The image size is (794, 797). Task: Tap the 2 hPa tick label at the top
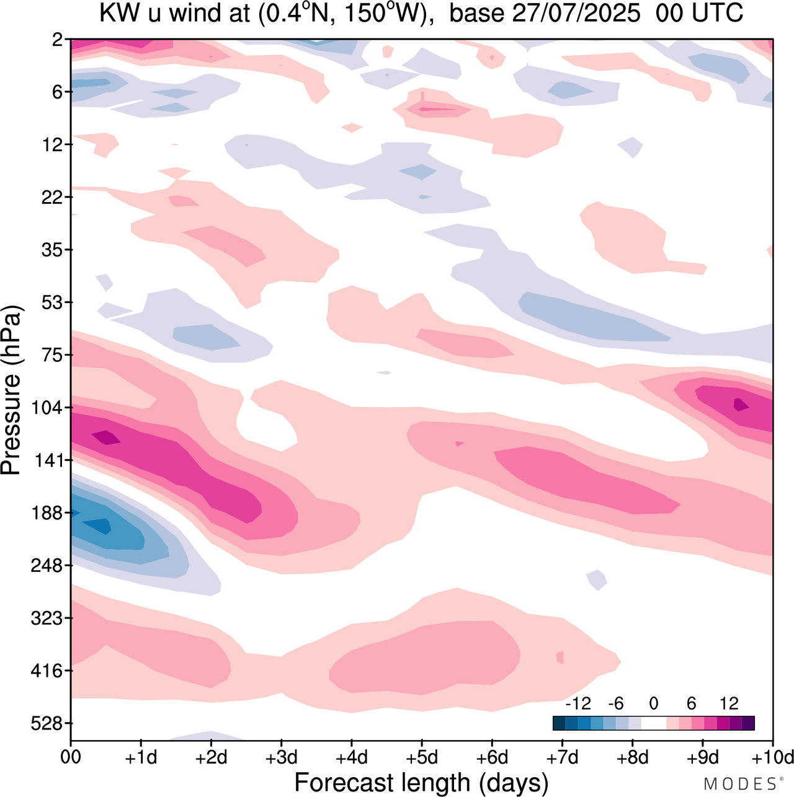coord(57,40)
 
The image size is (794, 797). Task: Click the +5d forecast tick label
coord(422,757)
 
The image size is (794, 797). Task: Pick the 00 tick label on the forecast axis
coord(71,757)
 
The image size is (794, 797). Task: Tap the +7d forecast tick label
coord(562,757)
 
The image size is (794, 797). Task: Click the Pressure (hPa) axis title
coord(12,390)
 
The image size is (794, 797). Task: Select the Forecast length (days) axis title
coord(421,782)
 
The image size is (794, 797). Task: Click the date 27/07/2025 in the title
coord(576,14)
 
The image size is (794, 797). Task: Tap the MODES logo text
coord(739,783)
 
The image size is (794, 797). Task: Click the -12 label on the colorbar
coord(578,703)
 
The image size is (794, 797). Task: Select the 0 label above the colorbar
coord(653,703)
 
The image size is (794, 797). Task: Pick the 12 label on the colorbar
coord(729,703)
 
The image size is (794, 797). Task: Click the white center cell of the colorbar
coord(654,723)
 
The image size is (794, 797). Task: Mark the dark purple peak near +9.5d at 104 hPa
coord(741,405)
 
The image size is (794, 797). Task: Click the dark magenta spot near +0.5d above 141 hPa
coord(106,437)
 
